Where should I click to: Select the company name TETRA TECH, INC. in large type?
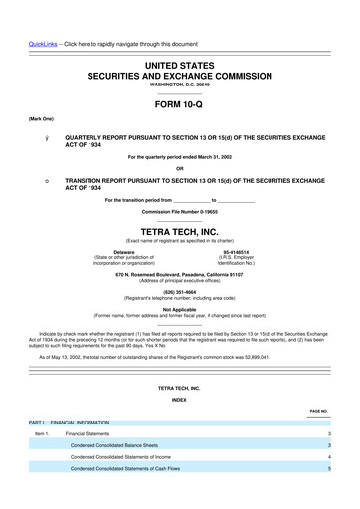click(179, 200)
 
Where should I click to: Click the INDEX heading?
click(179, 400)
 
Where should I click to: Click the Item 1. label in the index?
click(41, 434)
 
